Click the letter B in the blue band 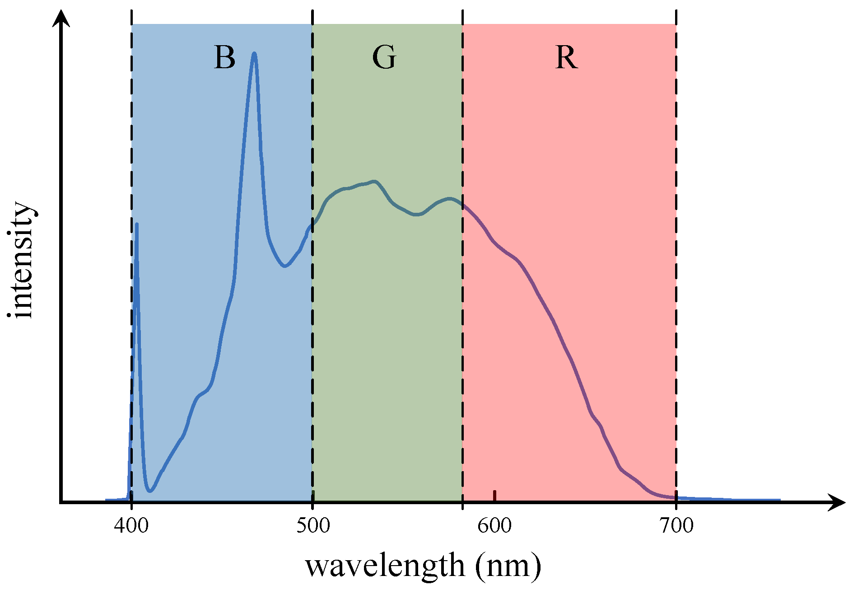pos(224,58)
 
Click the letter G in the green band pos(384,58)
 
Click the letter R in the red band pos(566,58)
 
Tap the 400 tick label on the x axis pos(131,525)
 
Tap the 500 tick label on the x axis pos(313,525)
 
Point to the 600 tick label pos(494,525)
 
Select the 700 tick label pos(676,525)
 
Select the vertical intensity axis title pos(21,260)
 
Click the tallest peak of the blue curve pos(255,53)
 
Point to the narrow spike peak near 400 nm pos(137,224)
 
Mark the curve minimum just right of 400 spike pos(150,491)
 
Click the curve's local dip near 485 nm pos(284,266)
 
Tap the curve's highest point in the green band pos(374,181)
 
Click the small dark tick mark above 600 pos(494,495)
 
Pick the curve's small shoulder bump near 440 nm pos(200,395)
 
